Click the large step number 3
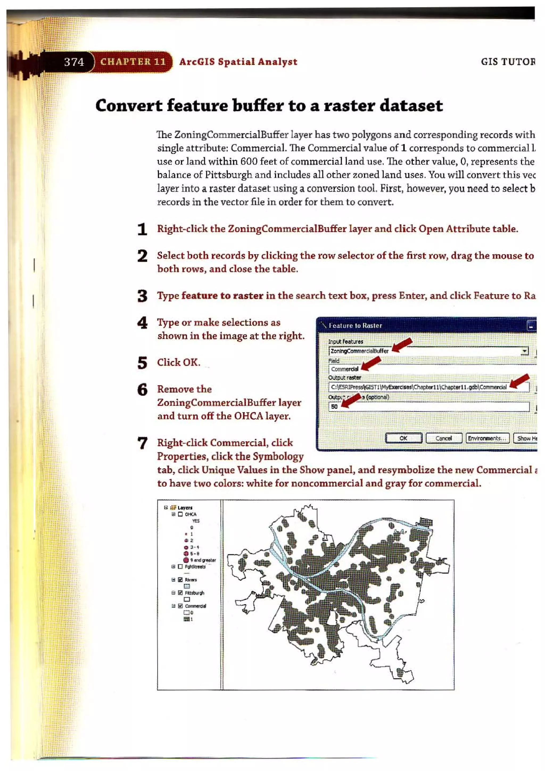click(x=142, y=296)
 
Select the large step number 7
click(x=142, y=443)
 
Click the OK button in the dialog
click(x=403, y=438)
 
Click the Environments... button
click(x=487, y=438)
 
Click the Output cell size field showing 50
click(x=428, y=407)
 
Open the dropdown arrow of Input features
click(x=524, y=351)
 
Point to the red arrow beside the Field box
click(x=371, y=363)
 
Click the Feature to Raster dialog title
click(x=355, y=325)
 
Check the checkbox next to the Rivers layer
click(x=180, y=580)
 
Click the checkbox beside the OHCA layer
click(x=180, y=514)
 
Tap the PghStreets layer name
click(x=195, y=567)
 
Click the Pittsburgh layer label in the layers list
click(x=194, y=593)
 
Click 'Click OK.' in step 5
click(x=179, y=363)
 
